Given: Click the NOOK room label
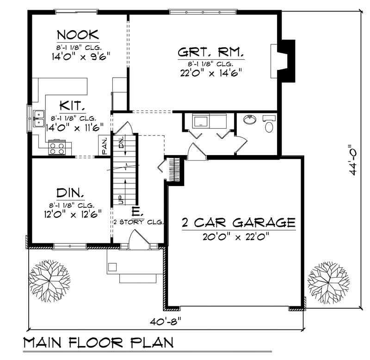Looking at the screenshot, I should point(77,35).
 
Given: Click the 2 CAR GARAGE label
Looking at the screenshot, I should point(238,223).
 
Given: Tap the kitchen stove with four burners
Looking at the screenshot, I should point(58,147).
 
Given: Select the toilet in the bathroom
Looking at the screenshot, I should point(268,125).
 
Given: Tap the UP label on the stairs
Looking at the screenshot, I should point(120,199).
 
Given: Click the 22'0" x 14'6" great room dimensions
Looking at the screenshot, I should point(211,73).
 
